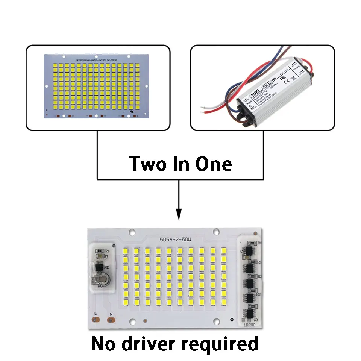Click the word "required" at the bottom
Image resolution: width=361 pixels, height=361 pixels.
click(x=220, y=344)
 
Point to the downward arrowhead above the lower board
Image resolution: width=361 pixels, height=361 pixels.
click(x=179, y=215)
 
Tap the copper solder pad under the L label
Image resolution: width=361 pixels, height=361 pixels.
click(x=95, y=320)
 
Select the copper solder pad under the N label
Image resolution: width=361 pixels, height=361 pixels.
click(x=111, y=320)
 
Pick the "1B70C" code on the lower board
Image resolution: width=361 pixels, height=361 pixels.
click(x=249, y=323)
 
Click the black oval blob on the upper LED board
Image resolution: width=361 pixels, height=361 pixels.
click(x=130, y=112)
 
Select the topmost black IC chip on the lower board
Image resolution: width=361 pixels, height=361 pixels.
click(x=250, y=250)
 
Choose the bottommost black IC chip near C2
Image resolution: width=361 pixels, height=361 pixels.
click(x=250, y=313)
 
